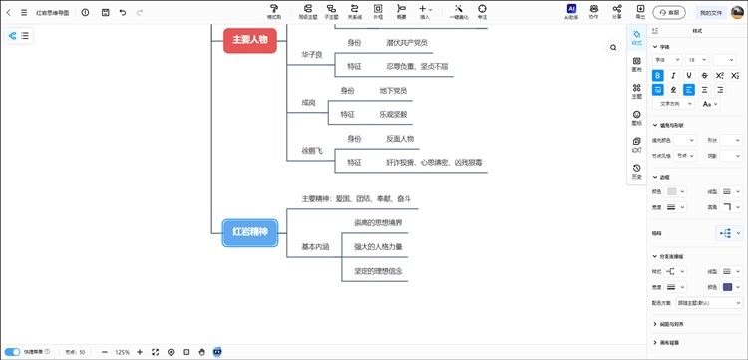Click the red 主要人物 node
(x=249, y=40)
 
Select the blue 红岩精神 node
(x=250, y=232)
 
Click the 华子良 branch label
(x=312, y=54)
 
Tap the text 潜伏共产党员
(x=407, y=43)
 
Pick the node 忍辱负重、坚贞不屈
(x=418, y=66)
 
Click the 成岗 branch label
(x=309, y=103)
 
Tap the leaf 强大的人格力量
(x=378, y=246)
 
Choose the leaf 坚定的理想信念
(x=378, y=271)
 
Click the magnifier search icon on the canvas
(x=613, y=47)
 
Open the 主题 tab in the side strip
(x=637, y=92)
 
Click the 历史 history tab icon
(x=637, y=171)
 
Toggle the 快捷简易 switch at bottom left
(x=12, y=352)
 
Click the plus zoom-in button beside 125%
(x=140, y=352)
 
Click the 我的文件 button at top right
(x=711, y=13)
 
